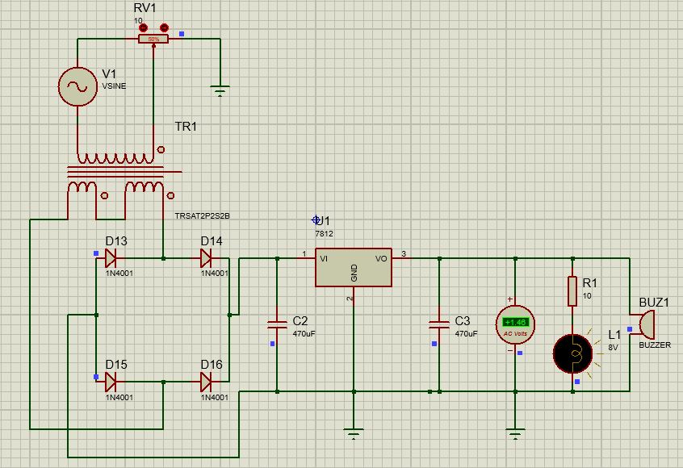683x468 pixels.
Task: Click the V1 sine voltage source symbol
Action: pos(78,86)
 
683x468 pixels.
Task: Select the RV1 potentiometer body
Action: pos(153,39)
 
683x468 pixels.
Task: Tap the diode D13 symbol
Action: pos(111,258)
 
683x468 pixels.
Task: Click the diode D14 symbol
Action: pos(206,258)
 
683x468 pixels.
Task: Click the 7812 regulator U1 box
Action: pos(354,267)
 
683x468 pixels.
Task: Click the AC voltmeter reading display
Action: pos(514,322)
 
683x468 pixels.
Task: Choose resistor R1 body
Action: pos(572,291)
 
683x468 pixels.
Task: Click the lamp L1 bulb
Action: pos(572,353)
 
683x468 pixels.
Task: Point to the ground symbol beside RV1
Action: pos(220,91)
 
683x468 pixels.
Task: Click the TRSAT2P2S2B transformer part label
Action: pos(203,216)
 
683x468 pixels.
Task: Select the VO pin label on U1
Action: pos(382,259)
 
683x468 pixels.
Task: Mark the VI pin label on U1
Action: pos(324,259)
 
